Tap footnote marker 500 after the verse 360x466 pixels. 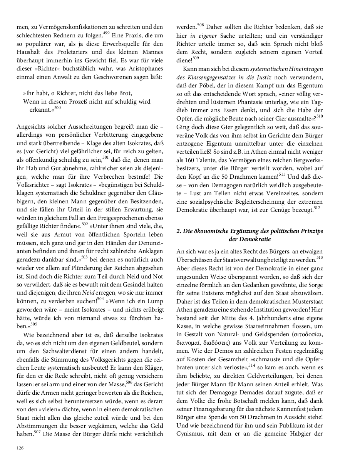click(x=57, y=108)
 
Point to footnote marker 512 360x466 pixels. click(x=317, y=207)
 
